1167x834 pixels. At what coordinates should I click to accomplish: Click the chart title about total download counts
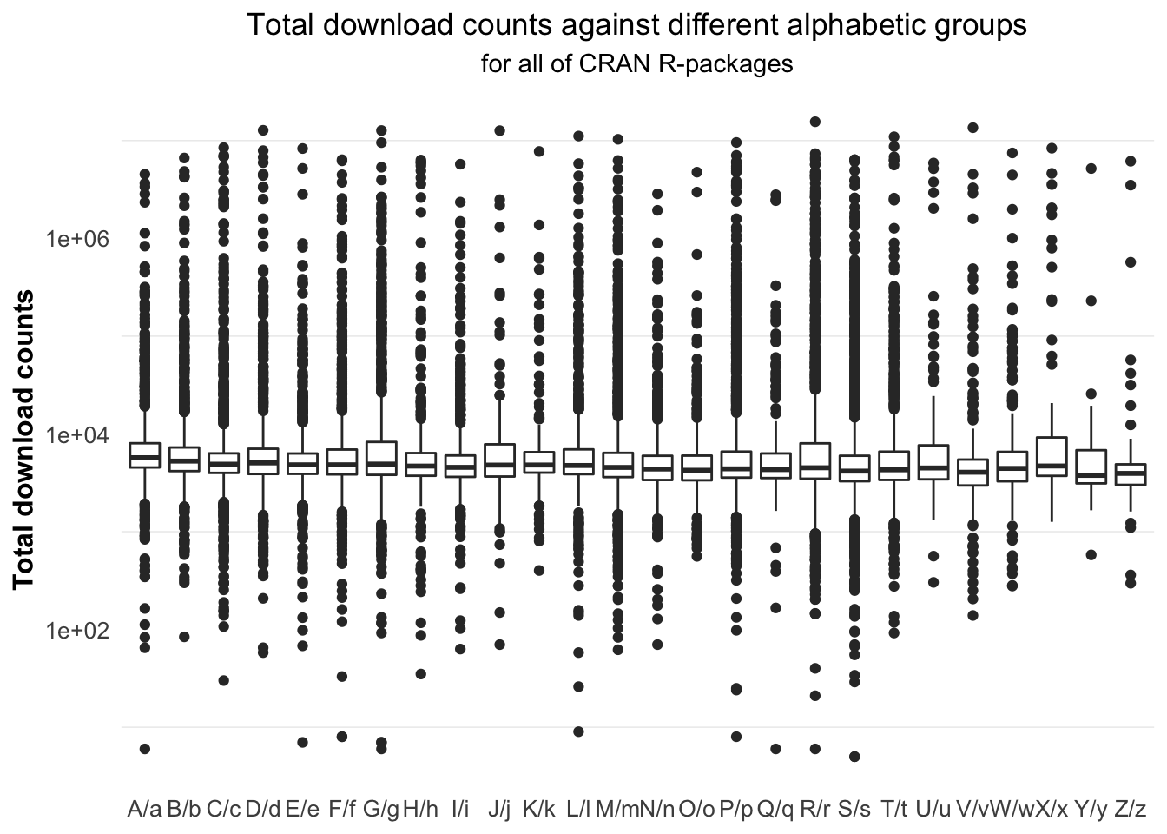pos(636,25)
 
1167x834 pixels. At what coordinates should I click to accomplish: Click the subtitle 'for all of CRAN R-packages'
pos(636,64)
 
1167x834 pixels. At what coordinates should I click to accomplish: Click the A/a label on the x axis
pos(144,810)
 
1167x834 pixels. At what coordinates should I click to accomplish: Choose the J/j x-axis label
pos(499,810)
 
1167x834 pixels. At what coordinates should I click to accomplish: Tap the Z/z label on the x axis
pos(1130,810)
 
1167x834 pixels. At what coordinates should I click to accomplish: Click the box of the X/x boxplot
pos(1052,456)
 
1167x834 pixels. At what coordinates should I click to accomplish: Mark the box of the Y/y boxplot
pos(1091,467)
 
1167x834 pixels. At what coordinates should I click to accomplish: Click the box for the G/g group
pos(381,458)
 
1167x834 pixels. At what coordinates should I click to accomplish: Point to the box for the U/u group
pos(933,463)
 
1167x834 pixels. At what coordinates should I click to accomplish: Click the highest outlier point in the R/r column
pos(814,122)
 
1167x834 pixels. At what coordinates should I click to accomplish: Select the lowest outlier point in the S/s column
pos(854,757)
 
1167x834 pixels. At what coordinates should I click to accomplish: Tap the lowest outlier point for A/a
pos(145,749)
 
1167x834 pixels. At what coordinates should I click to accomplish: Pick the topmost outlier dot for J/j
pos(500,131)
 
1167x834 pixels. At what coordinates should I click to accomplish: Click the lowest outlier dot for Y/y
pos(1091,555)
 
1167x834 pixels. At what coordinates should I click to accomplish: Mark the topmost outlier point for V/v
pos(973,128)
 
